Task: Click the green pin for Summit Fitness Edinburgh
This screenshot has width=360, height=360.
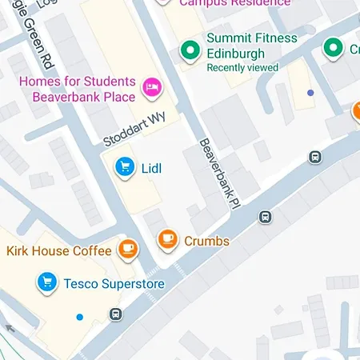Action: pos(190,50)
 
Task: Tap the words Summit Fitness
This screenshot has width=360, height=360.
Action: pos(251,38)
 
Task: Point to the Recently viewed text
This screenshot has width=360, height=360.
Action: pos(242,68)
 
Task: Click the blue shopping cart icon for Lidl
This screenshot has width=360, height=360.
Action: pos(123,167)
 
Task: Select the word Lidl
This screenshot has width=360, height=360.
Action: pos(151,168)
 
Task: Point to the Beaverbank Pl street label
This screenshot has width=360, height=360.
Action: pos(218,172)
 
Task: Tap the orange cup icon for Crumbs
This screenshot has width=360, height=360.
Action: pos(167,238)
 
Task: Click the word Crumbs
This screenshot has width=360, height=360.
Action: pos(206,241)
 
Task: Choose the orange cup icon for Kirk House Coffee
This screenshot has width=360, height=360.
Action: pos(127,249)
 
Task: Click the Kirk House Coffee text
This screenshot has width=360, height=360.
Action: pos(59,251)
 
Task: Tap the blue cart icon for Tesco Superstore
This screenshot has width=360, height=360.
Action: pos(47,282)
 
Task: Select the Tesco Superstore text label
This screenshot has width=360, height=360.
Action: pos(114,284)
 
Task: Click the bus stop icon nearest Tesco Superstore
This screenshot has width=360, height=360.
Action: pos(116,314)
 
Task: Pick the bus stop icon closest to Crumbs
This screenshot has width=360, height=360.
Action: pos(265,217)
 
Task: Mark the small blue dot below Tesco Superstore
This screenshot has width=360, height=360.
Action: pos(78,318)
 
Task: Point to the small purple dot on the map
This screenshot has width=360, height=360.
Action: pos(310,94)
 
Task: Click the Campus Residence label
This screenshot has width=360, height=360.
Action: pos(224,3)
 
